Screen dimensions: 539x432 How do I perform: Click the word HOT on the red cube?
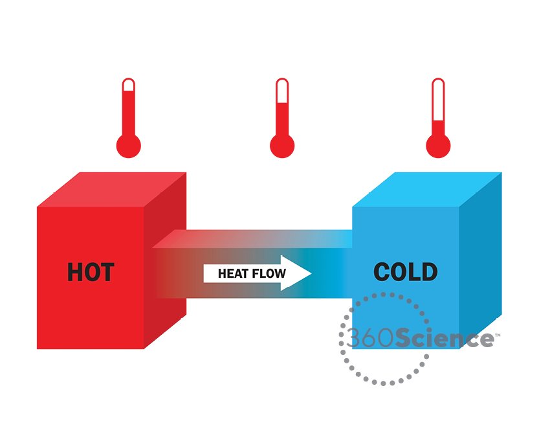click(x=91, y=272)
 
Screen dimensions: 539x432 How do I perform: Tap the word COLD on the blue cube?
click(x=406, y=272)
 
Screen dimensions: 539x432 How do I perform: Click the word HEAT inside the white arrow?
click(x=233, y=273)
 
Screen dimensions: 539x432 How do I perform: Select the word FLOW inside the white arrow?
click(x=269, y=273)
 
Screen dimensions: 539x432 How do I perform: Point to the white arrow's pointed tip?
click(x=311, y=273)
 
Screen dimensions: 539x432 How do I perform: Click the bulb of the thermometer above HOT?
click(x=129, y=146)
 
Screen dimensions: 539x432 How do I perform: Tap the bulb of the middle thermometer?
click(x=282, y=146)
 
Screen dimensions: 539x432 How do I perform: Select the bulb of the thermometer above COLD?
click(x=438, y=146)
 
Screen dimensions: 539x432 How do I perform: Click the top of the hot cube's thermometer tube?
click(x=129, y=79)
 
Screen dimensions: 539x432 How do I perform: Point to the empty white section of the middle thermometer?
click(x=282, y=92)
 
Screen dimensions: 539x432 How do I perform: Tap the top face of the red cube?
click(x=112, y=190)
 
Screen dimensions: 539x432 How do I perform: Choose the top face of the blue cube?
click(x=427, y=190)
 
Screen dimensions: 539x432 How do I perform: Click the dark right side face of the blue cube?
click(x=481, y=260)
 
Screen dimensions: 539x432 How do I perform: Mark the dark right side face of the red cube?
click(x=165, y=260)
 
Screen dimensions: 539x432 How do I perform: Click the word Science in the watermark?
click(x=445, y=337)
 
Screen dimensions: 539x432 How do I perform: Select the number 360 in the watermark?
click(x=370, y=337)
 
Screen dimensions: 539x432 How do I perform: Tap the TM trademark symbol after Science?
click(x=498, y=335)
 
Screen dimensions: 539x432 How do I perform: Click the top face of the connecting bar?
click(x=252, y=239)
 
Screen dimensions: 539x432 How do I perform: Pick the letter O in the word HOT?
click(x=91, y=272)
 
